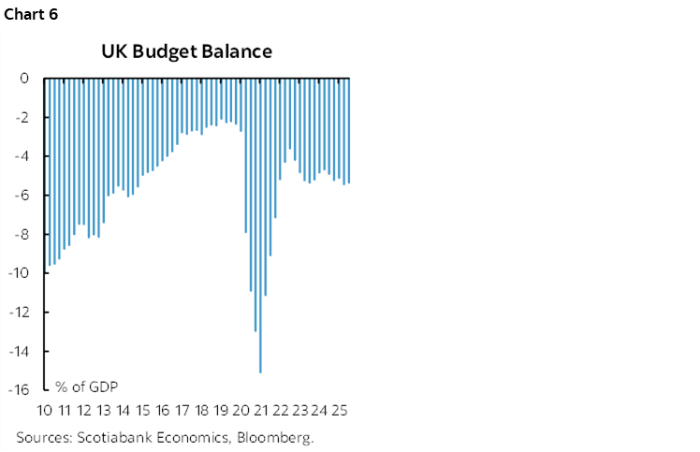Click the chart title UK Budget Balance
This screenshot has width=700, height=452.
186,51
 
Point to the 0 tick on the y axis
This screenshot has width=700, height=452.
24,79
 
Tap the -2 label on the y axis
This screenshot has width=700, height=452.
22,118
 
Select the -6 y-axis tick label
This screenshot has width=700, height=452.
22,196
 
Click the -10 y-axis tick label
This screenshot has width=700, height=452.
19,273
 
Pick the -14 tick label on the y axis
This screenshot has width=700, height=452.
19,351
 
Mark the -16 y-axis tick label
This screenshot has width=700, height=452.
19,390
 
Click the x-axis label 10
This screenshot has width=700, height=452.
44,411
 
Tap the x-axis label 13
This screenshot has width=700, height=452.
104,411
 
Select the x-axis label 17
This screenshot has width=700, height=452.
182,411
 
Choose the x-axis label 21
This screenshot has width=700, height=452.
261,411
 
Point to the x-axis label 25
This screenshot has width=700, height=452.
340,411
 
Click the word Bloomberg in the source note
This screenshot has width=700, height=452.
278,437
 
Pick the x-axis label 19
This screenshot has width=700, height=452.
222,411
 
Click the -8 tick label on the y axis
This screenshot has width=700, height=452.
22,235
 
